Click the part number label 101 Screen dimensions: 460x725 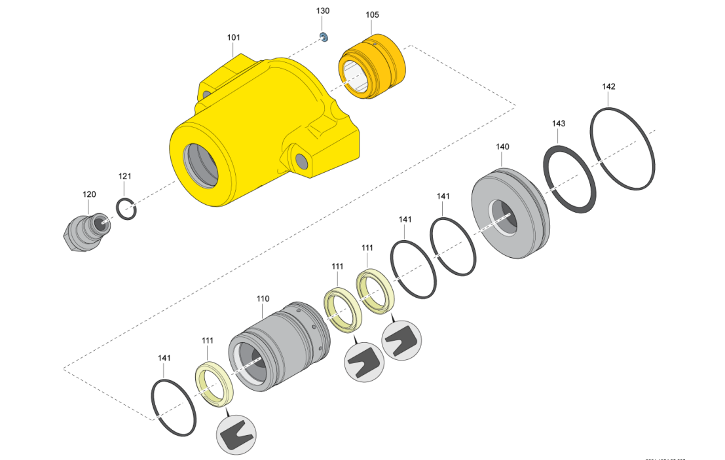pos(234,38)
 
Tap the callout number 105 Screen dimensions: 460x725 pos(372,14)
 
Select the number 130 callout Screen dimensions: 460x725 pos(323,11)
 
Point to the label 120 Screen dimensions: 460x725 pos(89,194)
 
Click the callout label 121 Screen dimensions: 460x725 pos(125,176)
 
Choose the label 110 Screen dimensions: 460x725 pos(263,298)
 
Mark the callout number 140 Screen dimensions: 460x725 pos(502,147)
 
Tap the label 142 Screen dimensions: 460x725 pos(608,86)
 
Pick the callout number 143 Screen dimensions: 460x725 pos(559,123)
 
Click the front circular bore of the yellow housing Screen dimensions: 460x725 pos(202,163)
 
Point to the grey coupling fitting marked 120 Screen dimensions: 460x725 pos(88,230)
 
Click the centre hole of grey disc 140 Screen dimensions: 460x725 pos(505,217)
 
